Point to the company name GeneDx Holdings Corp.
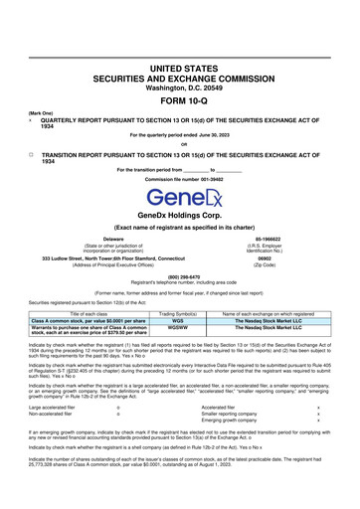click(179, 229)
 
